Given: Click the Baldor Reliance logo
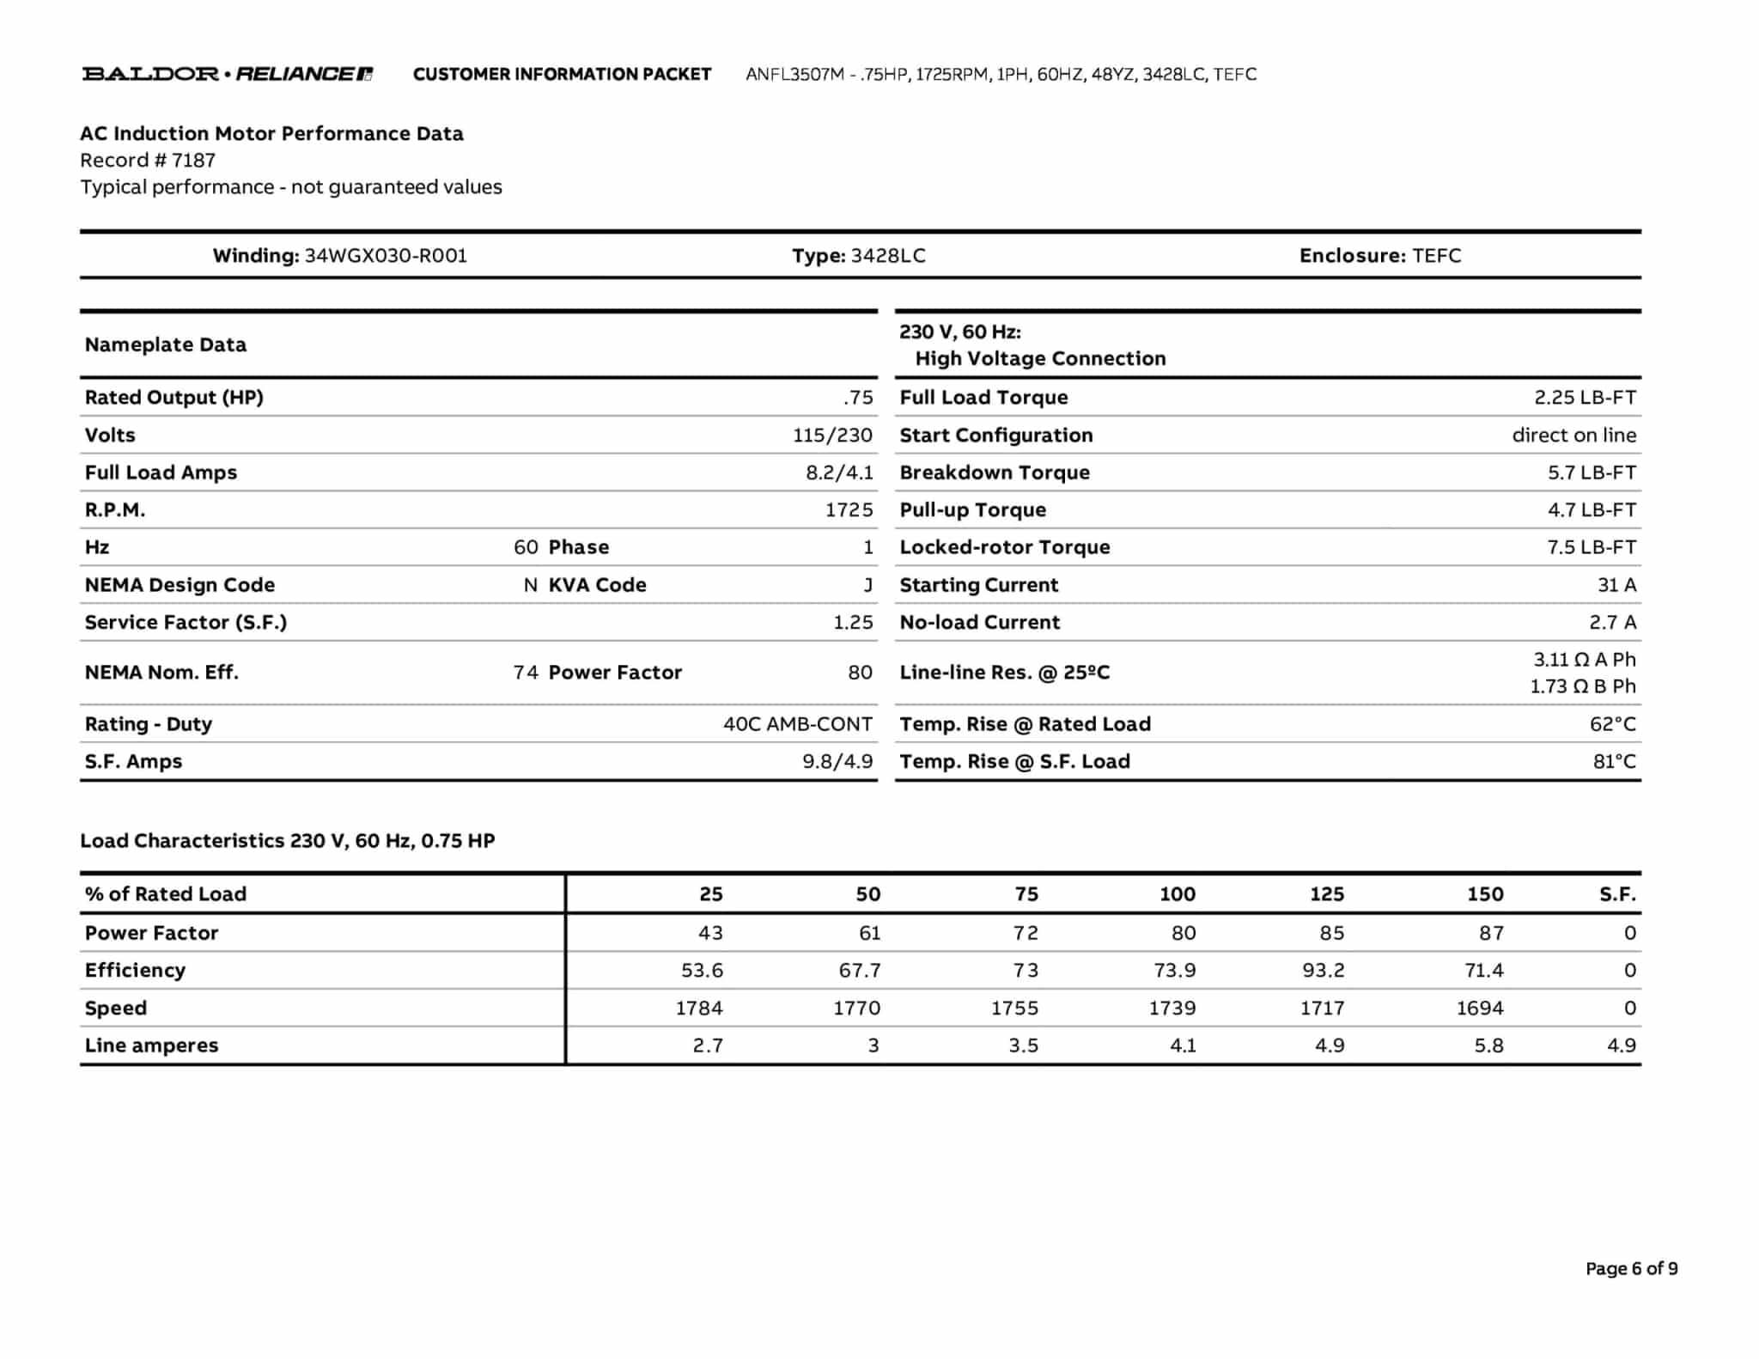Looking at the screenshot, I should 227,74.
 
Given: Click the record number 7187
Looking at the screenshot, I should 193,161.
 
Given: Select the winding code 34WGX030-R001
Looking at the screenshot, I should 386,256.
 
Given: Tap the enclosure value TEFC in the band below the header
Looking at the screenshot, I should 1436,256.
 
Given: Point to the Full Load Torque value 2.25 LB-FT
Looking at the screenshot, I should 1585,398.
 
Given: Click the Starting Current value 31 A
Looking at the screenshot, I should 1616,585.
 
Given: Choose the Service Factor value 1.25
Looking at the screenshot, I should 852,623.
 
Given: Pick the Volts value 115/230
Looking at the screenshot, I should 831,436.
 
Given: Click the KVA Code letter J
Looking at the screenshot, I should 868,585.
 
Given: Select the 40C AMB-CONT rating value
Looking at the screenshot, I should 797,724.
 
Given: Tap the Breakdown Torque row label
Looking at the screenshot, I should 994,472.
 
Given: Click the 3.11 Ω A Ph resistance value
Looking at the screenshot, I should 1584,660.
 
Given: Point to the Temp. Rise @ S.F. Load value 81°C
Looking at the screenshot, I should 1614,762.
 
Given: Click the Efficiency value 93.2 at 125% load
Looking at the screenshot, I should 1323,971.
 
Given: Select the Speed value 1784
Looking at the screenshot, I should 698,1009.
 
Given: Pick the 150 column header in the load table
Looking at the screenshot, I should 1484,894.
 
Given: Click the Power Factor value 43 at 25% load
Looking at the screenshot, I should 709,933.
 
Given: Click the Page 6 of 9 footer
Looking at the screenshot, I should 1631,1269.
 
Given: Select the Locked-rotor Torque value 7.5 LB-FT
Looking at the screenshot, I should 1591,547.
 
